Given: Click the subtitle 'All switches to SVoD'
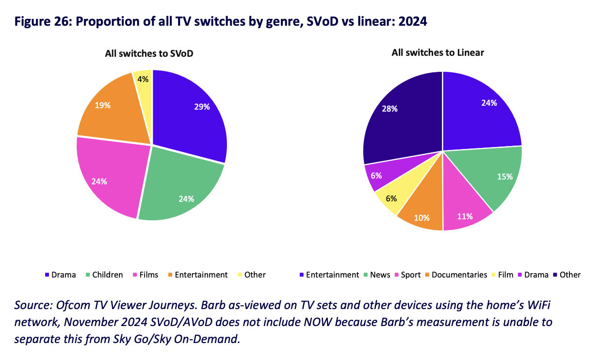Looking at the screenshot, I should (x=149, y=53).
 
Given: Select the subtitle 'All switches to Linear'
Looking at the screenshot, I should (x=438, y=52).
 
